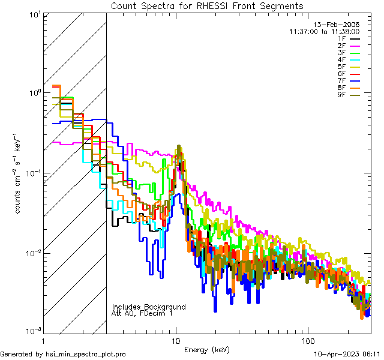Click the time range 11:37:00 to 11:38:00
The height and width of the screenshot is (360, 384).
click(324, 31)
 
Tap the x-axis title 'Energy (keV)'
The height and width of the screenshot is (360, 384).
click(207, 350)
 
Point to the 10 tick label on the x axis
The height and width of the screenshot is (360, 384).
click(176, 340)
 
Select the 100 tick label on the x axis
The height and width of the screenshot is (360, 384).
click(307, 340)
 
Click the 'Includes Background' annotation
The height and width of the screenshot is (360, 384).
click(148, 307)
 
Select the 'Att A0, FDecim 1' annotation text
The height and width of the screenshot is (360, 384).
click(142, 313)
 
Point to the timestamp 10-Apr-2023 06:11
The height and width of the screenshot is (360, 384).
click(347, 354)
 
